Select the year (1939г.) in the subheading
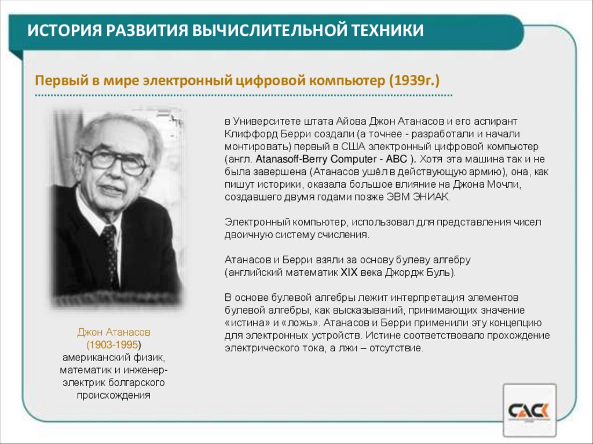(x=418, y=80)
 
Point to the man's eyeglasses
(x=115, y=161)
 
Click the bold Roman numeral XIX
(x=349, y=271)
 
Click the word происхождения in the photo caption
(x=114, y=395)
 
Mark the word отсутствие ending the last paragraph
(x=398, y=348)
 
